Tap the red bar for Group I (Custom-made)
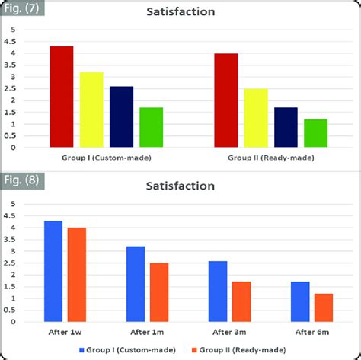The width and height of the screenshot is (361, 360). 62,97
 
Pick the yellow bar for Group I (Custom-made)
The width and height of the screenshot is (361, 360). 91,110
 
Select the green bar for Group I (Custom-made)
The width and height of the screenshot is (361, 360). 151,127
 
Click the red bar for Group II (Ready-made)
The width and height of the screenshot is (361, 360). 225,100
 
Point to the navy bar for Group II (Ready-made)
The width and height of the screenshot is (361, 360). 286,127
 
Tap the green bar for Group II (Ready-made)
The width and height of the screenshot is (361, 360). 315,133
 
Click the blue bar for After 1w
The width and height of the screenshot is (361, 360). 53,272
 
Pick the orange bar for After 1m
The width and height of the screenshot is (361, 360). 158,292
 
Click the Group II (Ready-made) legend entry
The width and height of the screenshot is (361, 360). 244,349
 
